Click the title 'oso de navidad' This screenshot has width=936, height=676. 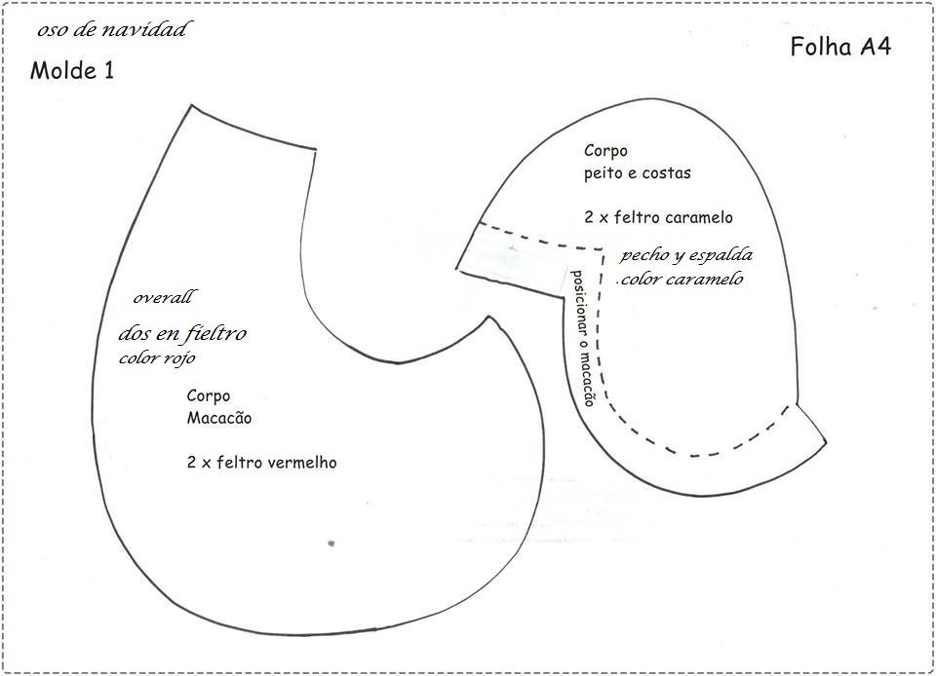click(111, 30)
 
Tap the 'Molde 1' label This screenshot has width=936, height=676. click(72, 70)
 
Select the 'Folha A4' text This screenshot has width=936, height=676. click(840, 48)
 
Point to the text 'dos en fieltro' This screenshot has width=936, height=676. click(182, 334)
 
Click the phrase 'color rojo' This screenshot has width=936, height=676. click(158, 357)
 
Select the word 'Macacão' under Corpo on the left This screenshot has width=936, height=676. click(219, 418)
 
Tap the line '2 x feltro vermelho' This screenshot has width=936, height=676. click(261, 462)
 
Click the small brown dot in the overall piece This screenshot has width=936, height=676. click(331, 543)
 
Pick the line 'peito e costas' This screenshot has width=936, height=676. click(638, 172)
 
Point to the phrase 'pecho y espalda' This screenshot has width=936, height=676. click(686, 255)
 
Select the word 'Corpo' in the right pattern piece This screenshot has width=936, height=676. click(605, 151)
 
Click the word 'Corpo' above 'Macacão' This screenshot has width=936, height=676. click(209, 396)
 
